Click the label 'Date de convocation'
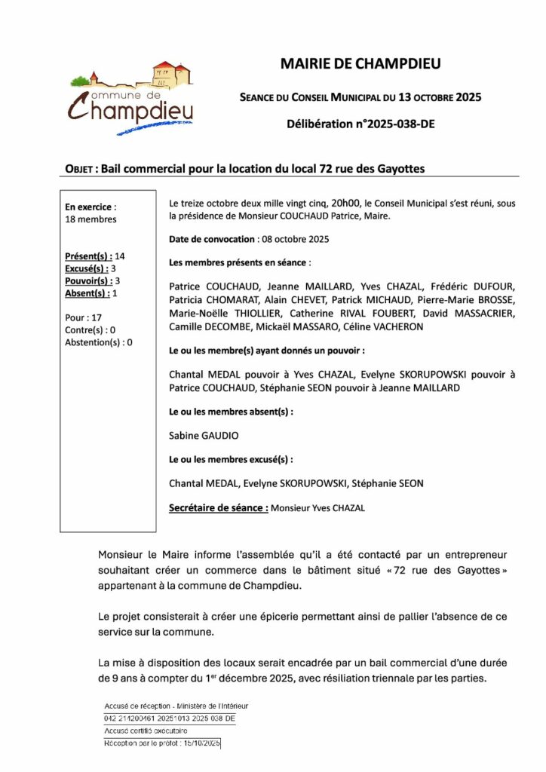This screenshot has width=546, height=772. click(212, 239)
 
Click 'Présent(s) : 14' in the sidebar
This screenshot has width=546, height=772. click(95, 257)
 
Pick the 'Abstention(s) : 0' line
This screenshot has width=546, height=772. click(99, 342)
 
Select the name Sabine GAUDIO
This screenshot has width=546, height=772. click(199, 435)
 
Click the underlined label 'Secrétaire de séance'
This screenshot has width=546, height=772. click(218, 508)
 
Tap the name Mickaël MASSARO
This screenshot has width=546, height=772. click(302, 326)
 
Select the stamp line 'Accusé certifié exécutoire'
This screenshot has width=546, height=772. click(146, 731)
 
